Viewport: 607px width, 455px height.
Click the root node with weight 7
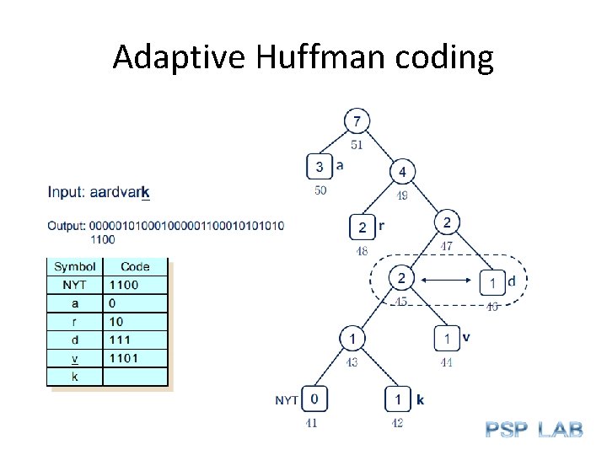pos(357,121)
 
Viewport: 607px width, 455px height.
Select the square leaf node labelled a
pos(320,166)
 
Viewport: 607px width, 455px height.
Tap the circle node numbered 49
pos(402,172)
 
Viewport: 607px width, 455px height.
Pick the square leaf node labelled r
pos(363,227)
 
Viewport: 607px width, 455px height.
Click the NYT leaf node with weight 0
pos(314,399)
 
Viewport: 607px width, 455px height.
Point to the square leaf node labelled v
pos(447,339)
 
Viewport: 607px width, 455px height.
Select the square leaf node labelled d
pos(492,281)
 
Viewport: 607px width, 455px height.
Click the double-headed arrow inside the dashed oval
pos(446,278)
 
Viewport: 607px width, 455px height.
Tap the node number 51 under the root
pos(357,145)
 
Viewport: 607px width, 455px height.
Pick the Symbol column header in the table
pos(75,266)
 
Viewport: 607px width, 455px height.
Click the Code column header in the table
pos(135,266)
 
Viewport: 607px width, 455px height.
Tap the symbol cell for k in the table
pos(75,377)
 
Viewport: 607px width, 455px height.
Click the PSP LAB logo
pos(534,429)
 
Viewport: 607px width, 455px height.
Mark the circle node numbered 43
pos(353,339)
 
